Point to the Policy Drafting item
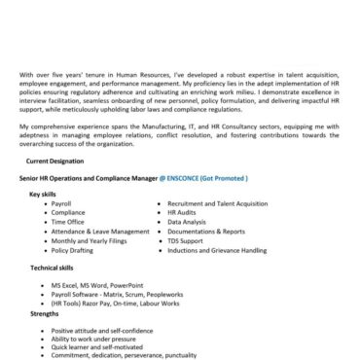click(x=74, y=250)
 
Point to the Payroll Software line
click(x=110, y=293)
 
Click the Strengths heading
click(x=44, y=313)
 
